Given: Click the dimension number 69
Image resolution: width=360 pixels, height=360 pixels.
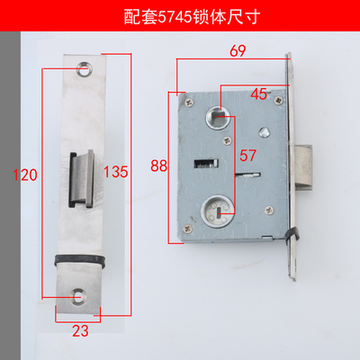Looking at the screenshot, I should coord(238,52).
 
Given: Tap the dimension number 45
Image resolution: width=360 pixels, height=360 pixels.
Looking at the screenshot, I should coord(259,92).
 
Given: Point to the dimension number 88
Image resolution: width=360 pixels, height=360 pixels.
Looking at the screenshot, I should coord(160,165).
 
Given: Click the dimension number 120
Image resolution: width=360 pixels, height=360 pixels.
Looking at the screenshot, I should coord(24,175).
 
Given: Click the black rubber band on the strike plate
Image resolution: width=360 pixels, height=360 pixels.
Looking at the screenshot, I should coord(80,259).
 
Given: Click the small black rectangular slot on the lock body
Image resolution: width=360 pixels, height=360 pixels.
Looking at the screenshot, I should coord(207,163).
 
